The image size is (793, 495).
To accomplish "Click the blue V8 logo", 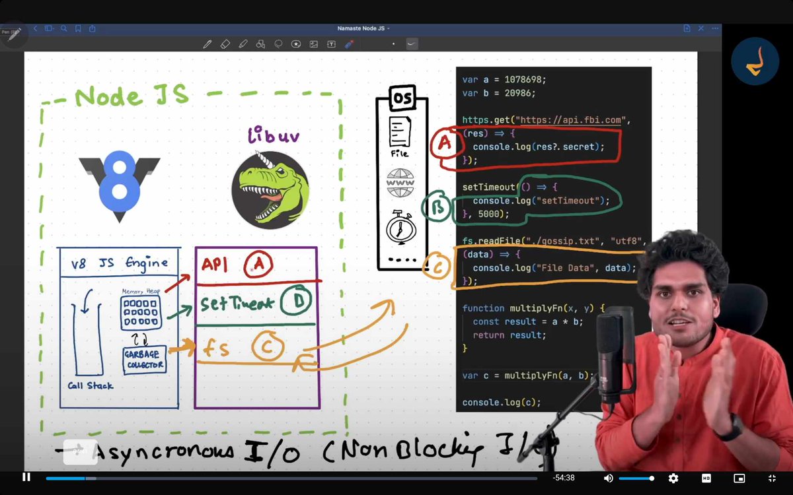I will click(120, 185).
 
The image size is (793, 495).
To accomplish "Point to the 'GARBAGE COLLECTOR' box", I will click(143, 359).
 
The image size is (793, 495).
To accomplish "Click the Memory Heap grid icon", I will click(140, 313).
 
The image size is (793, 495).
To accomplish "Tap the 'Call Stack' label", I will click(91, 385).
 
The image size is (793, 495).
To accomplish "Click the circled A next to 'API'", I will click(258, 265).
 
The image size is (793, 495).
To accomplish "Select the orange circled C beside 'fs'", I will click(268, 348).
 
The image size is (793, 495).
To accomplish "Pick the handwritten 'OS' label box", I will click(401, 99).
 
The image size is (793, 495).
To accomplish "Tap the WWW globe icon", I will click(400, 183).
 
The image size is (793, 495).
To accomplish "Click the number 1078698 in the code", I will click(525, 80).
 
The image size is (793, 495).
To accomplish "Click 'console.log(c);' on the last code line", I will click(502, 402).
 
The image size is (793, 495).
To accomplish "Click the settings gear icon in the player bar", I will click(673, 478).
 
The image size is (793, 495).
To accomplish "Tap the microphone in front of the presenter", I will click(610, 356).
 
